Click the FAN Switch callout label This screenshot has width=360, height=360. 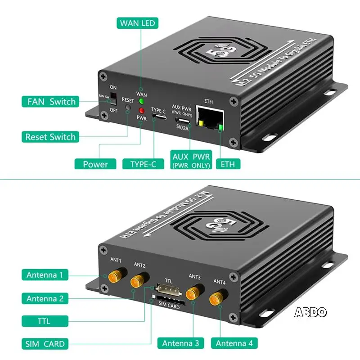point(50,102)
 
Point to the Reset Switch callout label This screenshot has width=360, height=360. point(50,137)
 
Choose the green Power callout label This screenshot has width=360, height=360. point(95,164)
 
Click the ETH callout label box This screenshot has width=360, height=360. point(228,164)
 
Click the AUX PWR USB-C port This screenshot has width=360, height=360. point(182,121)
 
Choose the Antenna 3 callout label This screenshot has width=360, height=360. point(180,343)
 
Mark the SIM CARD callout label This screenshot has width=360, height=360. point(45,344)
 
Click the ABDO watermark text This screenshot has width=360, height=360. point(310,312)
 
